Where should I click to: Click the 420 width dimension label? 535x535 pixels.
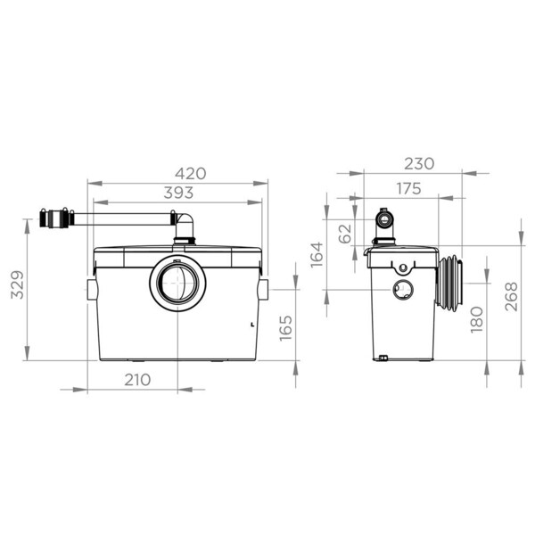(x=191, y=174)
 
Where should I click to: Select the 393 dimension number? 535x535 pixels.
(x=178, y=193)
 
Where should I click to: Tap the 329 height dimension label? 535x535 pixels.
(x=17, y=285)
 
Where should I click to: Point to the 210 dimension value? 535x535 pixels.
(x=137, y=380)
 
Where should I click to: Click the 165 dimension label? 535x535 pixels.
(x=286, y=328)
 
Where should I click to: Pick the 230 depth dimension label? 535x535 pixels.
(x=419, y=164)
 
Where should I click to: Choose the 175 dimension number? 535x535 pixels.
(x=408, y=189)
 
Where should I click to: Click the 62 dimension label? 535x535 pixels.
(x=345, y=234)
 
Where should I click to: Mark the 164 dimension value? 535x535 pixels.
(x=317, y=255)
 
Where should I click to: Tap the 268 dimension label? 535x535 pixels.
(x=511, y=297)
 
